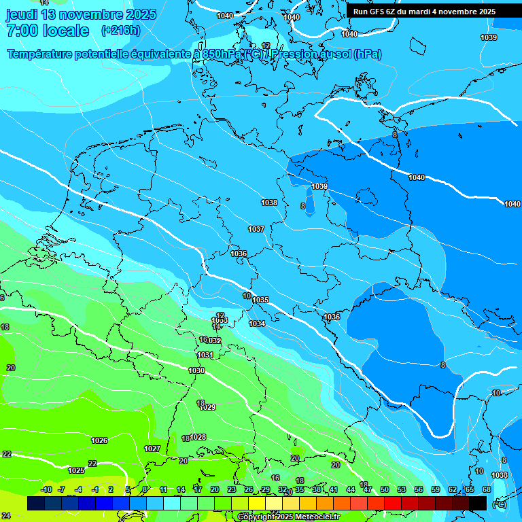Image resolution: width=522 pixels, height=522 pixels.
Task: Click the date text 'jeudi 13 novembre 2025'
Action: [81, 14]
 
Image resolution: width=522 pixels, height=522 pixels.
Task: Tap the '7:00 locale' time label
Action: [48, 31]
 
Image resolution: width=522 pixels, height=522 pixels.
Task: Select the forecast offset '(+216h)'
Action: [120, 31]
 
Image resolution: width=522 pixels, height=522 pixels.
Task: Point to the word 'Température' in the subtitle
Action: [41, 54]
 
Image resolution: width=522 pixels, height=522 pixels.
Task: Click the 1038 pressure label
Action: [269, 203]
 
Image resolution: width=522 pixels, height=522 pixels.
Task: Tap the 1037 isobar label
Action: [256, 229]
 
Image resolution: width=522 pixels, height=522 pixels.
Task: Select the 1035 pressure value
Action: [260, 300]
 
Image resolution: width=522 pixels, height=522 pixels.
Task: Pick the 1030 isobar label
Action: [196, 370]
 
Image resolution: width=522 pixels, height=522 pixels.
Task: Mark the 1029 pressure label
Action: [208, 407]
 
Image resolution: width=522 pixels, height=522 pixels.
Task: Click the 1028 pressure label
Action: [198, 437]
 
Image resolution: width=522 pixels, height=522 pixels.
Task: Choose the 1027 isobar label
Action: [152, 449]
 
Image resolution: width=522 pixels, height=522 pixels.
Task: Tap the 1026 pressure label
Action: [99, 440]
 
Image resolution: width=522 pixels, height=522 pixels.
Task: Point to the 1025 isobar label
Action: [76, 470]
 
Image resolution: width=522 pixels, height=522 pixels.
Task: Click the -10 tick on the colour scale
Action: [46, 489]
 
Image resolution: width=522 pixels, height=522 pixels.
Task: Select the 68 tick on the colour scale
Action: [487, 489]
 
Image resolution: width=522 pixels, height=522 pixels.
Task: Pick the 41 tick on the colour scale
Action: [334, 489]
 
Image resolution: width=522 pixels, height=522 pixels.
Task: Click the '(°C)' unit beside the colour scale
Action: [499, 504]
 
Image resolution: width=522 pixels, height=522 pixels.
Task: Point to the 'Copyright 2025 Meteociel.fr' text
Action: [288, 517]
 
